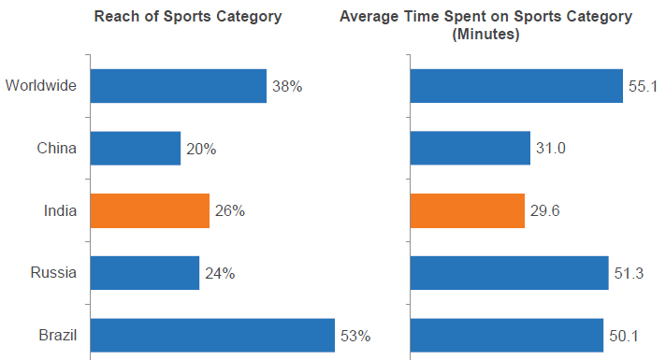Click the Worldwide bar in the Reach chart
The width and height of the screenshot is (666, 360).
pyautogui.click(x=178, y=86)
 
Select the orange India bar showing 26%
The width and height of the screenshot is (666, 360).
pyautogui.click(x=150, y=211)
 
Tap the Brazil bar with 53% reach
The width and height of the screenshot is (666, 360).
pyautogui.click(x=212, y=336)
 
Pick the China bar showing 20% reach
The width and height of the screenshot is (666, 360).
pyautogui.click(x=135, y=149)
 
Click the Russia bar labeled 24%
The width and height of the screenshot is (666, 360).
pyautogui.click(x=144, y=273)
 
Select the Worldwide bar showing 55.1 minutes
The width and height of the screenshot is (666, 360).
pyautogui.click(x=516, y=86)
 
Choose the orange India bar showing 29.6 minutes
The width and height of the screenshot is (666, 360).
pyautogui.click(x=467, y=211)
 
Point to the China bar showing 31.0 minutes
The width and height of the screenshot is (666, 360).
pyautogui.click(x=470, y=149)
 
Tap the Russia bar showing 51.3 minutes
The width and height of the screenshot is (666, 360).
pyautogui.click(x=509, y=273)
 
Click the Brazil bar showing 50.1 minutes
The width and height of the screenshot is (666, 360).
pyautogui.click(x=506, y=336)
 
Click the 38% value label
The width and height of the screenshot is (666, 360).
pyautogui.click(x=287, y=87)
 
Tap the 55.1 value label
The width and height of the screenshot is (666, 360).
pyautogui.click(x=644, y=87)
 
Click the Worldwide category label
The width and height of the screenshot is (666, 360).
pyautogui.click(x=40, y=87)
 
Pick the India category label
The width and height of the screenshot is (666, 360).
pyautogui.click(x=58, y=211)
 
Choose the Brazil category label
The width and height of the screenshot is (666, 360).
pyautogui.click(x=56, y=336)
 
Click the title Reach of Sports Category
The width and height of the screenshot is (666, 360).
pyautogui.click(x=187, y=17)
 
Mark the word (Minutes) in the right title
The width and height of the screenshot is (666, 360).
pyautogui.click(x=485, y=35)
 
